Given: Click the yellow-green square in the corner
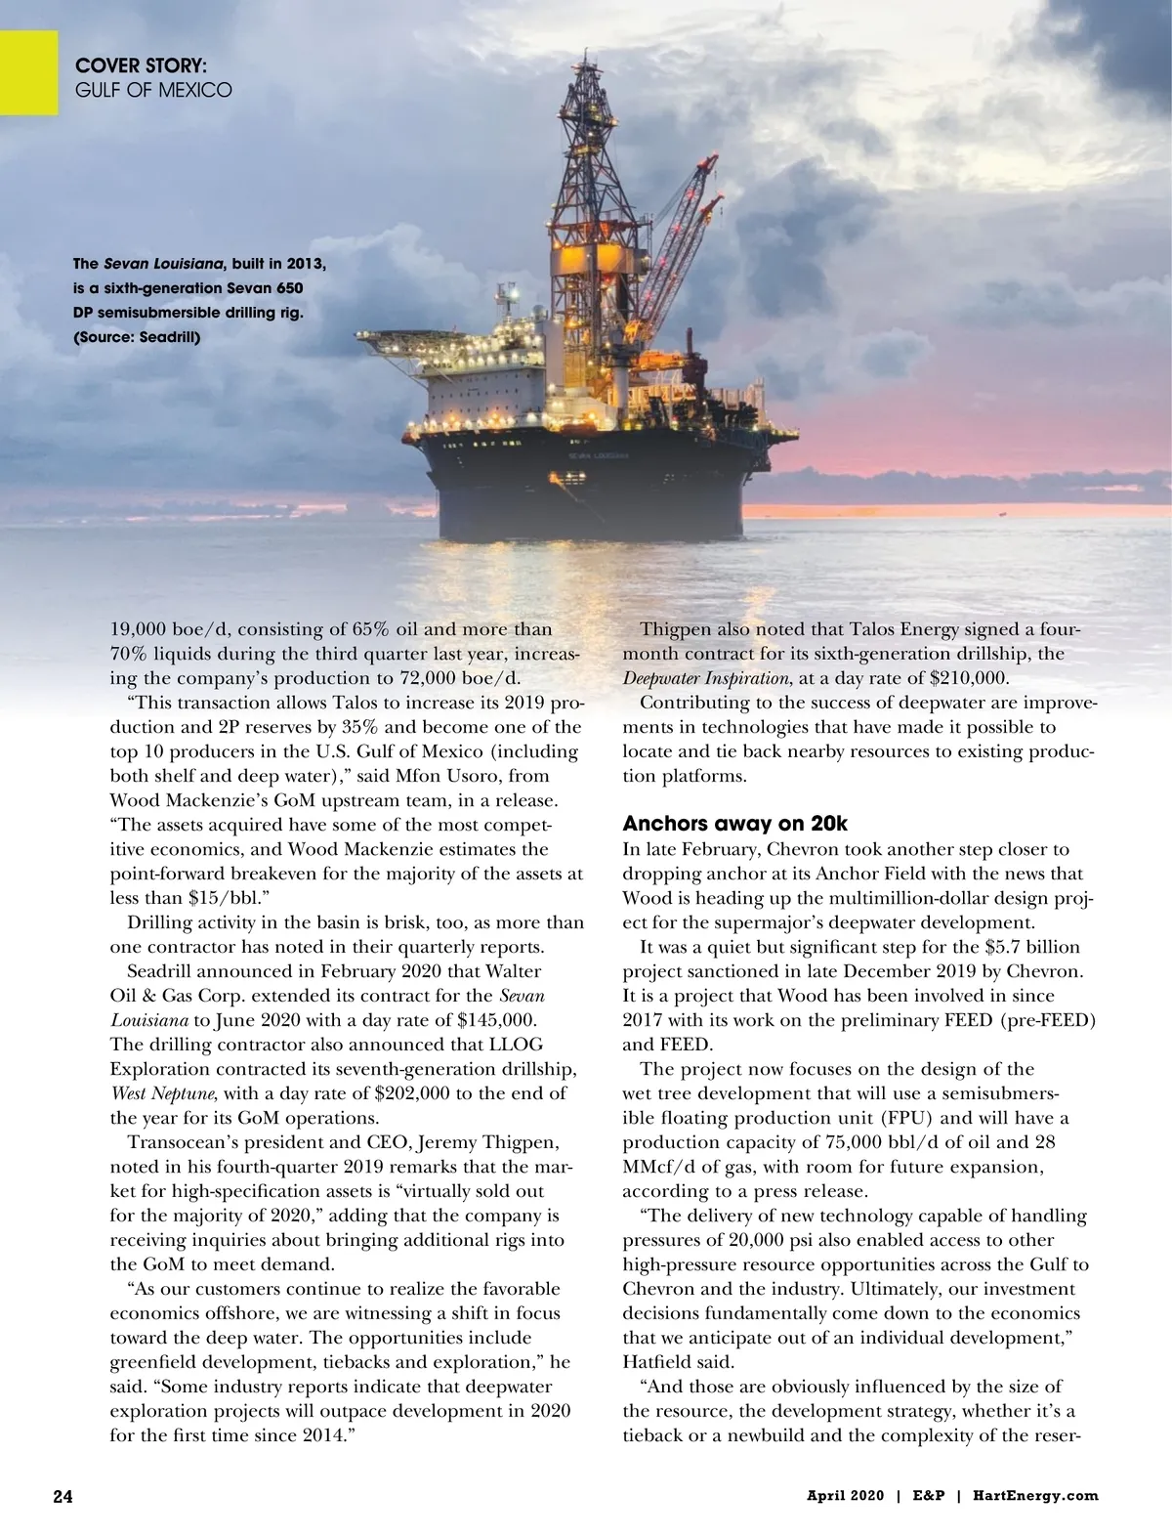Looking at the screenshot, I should pos(28,71).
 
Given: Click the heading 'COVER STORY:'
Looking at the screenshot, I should pos(141,66).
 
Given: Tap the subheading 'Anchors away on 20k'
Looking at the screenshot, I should pos(735,823).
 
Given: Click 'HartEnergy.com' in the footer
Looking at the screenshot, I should pos(1035,1496).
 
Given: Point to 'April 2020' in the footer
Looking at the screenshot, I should pos(844,1496).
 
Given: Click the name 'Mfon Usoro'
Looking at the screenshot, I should pos(475,776).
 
